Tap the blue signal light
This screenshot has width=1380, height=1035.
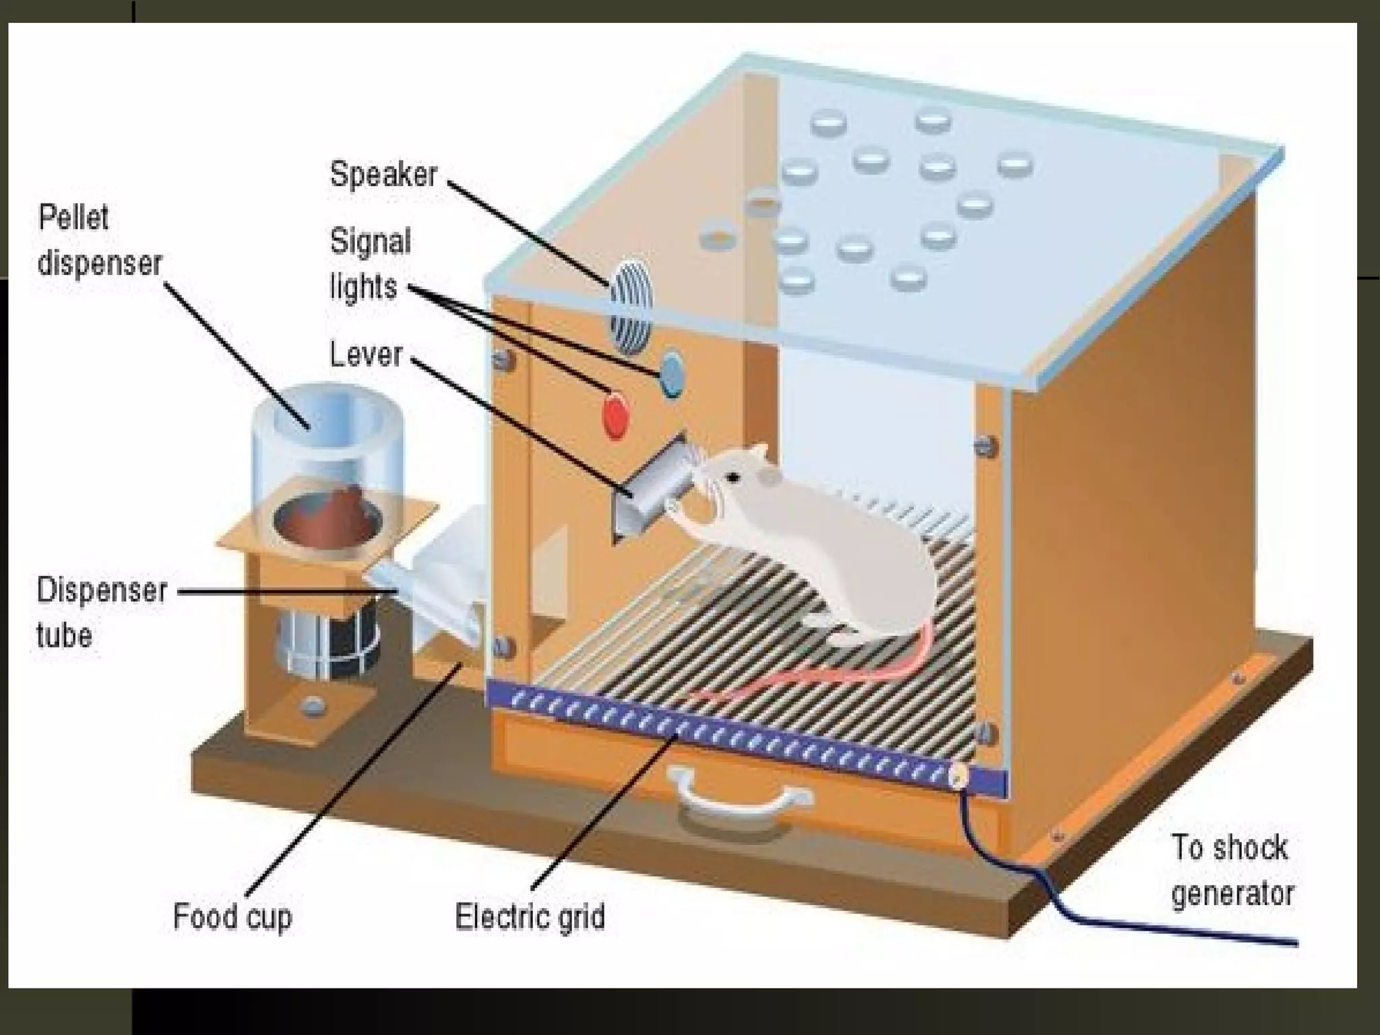tap(672, 375)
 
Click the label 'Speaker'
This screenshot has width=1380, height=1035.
tap(383, 175)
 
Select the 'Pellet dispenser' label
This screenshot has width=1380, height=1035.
tap(100, 241)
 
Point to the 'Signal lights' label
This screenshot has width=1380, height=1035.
tap(369, 264)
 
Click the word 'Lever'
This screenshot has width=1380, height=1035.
tap(366, 354)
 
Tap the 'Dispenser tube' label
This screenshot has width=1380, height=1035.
tap(101, 612)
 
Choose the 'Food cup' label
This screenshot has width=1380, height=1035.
tap(232, 917)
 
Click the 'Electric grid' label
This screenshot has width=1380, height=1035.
tap(530, 917)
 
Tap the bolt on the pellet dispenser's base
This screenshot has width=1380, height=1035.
tap(312, 706)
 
